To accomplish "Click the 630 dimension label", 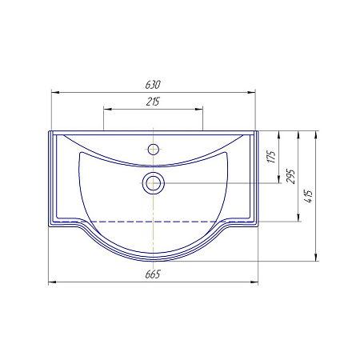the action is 153,85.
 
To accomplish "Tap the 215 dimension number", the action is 153,102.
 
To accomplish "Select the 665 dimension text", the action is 153,274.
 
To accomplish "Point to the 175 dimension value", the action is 271,157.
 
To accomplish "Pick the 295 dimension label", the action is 290,176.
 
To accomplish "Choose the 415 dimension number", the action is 309,196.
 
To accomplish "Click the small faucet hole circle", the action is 154,149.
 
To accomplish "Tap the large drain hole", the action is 153,183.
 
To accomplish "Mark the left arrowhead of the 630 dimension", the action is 55,93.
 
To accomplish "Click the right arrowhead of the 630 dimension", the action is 251,93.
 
